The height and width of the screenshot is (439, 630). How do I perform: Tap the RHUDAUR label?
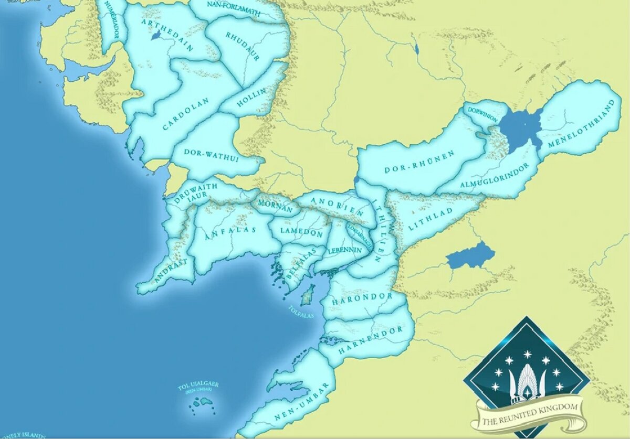coord(243,46)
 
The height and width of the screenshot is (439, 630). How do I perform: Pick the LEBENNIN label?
coord(345,250)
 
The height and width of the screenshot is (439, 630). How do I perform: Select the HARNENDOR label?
coord(370,338)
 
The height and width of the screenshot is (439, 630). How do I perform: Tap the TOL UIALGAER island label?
coord(198,387)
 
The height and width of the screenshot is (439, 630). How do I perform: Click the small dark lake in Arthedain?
coord(155,35)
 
